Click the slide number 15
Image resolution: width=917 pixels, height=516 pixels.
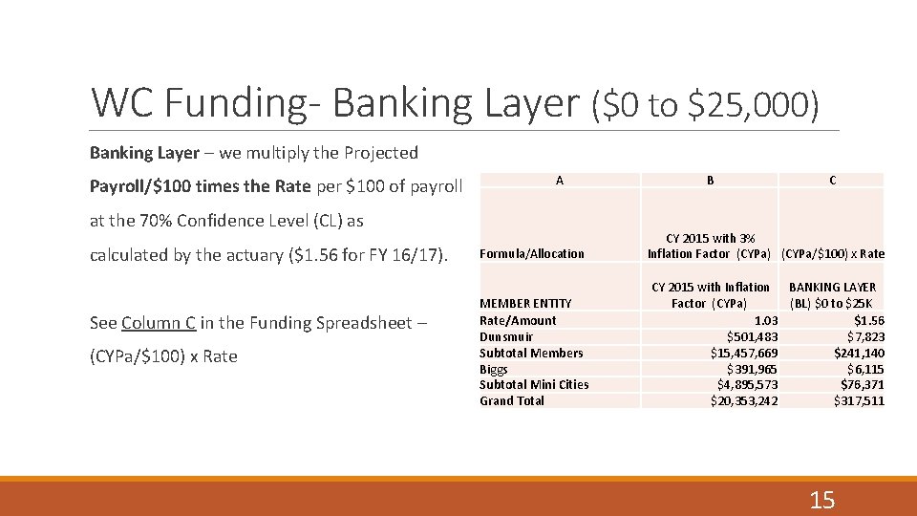click(821, 499)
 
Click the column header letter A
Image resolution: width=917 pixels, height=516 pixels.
click(559, 180)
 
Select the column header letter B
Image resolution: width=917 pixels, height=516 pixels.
click(710, 180)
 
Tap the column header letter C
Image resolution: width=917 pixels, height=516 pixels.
click(832, 180)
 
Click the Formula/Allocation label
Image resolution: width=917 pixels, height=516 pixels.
click(531, 253)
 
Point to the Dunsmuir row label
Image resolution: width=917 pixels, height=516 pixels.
click(506, 336)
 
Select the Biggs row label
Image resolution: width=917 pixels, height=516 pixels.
click(494, 369)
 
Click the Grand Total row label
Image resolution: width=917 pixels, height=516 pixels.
click(512, 400)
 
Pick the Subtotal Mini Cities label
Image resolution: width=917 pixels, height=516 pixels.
click(534, 384)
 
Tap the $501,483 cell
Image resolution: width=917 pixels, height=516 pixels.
click(753, 336)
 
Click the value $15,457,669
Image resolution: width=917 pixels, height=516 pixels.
click(744, 353)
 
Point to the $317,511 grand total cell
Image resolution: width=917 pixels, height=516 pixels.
click(859, 400)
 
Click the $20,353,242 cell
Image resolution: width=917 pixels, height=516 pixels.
click(744, 400)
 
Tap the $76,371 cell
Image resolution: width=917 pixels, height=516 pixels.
click(863, 384)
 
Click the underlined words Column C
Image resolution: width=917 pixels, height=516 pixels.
click(159, 322)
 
